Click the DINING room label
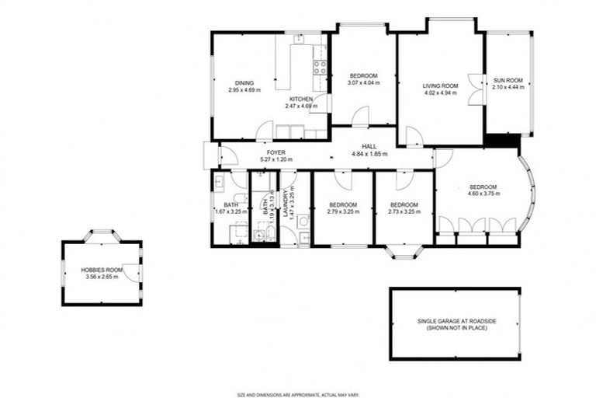coord(244,83)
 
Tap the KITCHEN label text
coord(301,99)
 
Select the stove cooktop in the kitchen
coord(318,68)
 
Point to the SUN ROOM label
coord(508,80)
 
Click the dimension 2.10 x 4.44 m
coord(508,87)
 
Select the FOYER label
coord(276,153)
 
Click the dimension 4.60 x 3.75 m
coord(483,195)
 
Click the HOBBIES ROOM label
coord(102,270)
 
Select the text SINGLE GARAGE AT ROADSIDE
coord(455,323)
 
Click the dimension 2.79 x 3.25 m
coord(342,211)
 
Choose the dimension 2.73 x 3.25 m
coord(404,211)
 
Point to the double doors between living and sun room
coord(475,85)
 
